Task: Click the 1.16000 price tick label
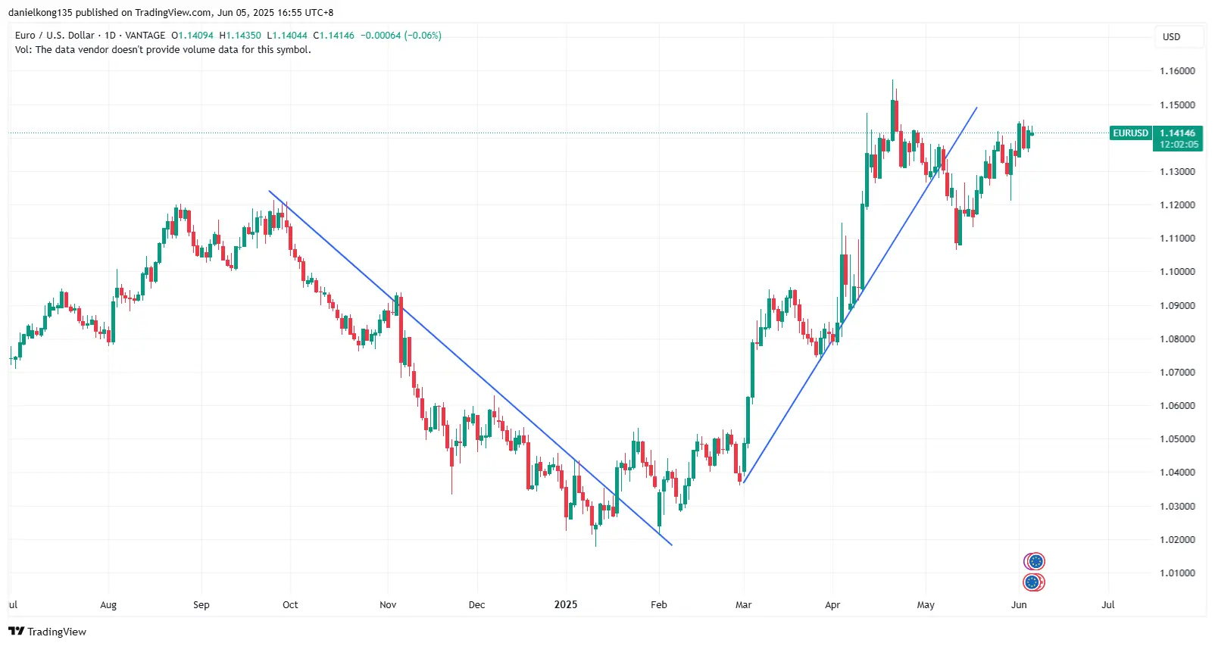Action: point(1177,71)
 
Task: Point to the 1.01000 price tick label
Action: point(1177,573)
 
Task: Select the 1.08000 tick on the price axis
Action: point(1177,339)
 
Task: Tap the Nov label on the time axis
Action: point(388,605)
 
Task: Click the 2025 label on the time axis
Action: point(566,605)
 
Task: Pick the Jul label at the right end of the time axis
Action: point(1108,605)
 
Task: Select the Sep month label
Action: point(201,605)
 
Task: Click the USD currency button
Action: point(1171,37)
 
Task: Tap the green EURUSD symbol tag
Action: point(1130,133)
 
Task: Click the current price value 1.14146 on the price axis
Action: point(1177,133)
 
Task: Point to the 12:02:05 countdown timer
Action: point(1179,145)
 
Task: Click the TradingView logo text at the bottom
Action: point(48,632)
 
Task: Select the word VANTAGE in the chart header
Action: point(145,36)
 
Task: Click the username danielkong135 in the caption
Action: point(39,13)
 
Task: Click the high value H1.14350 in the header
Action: point(240,36)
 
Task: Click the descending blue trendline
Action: point(470,367)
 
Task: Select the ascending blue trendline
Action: point(860,295)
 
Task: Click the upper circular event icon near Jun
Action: point(1035,561)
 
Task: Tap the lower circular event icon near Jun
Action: point(1033,582)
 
